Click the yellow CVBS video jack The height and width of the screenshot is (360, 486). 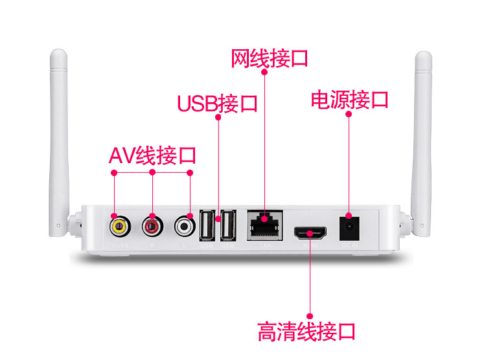tap(117, 226)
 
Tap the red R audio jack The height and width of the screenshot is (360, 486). tap(152, 226)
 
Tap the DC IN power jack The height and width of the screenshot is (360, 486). tap(349, 225)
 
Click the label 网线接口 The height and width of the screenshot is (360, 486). tap(269, 58)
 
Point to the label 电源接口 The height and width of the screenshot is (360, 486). tap(349, 100)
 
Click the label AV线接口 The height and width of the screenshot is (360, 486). tap(152, 155)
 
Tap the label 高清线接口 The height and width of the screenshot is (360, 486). tap(307, 332)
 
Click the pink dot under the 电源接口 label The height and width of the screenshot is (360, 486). tap(349, 115)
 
